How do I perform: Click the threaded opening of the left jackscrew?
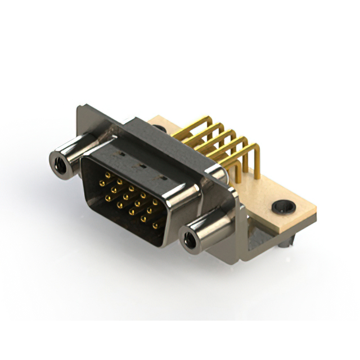click(59, 164)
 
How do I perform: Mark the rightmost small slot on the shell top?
click(164, 178)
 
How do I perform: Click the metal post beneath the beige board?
click(287, 242)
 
